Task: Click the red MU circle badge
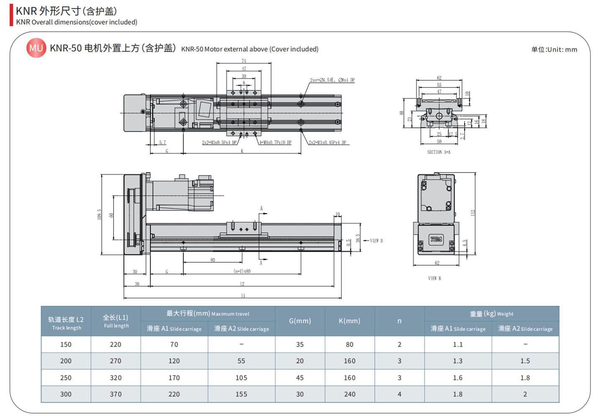(x=36, y=48)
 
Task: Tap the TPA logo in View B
(x=436, y=239)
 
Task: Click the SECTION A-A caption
(x=438, y=152)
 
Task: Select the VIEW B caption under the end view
(x=434, y=278)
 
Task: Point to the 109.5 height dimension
(x=99, y=214)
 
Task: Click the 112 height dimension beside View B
(x=473, y=213)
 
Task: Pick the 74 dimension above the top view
(x=244, y=61)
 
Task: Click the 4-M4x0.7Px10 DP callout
(x=275, y=142)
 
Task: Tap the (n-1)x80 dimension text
(x=242, y=271)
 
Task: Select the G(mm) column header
(x=300, y=321)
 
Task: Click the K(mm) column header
(x=349, y=321)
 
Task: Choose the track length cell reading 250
(x=66, y=377)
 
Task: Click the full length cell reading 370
(x=116, y=394)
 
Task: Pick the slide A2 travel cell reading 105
(x=241, y=377)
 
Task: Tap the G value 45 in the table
(x=300, y=377)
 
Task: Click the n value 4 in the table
(x=399, y=394)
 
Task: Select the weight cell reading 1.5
(x=525, y=361)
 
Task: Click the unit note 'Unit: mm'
(x=554, y=49)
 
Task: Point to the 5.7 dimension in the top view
(x=162, y=142)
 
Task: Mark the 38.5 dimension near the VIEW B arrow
(x=358, y=238)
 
